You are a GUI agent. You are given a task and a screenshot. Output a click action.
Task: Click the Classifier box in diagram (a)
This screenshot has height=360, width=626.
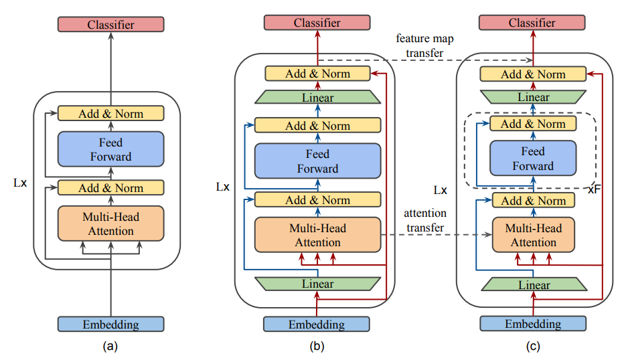click(x=110, y=25)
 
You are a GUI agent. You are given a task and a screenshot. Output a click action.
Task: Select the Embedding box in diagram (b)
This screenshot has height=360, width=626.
click(x=317, y=325)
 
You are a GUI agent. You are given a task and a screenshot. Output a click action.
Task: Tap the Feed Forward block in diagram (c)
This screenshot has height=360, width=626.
click(x=533, y=159)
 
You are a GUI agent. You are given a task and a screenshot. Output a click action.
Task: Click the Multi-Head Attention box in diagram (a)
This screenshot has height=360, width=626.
click(x=110, y=224)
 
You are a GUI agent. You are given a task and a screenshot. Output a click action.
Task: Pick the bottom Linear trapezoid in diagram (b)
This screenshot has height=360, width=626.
click(x=317, y=284)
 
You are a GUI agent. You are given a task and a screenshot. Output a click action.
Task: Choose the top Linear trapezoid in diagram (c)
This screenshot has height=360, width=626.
click(x=533, y=97)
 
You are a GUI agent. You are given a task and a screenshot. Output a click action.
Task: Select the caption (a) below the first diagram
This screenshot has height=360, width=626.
click(x=110, y=347)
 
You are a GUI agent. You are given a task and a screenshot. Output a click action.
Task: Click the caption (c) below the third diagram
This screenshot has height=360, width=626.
click(x=533, y=347)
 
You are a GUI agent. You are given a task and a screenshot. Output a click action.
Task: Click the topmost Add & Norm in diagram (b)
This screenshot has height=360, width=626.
click(x=317, y=74)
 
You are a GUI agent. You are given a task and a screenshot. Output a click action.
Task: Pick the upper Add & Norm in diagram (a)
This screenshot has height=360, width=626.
click(x=110, y=113)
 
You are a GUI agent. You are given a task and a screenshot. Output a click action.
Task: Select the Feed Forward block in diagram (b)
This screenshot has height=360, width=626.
click(x=317, y=162)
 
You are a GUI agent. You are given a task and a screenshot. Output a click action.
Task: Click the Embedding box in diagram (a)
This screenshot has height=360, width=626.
click(x=110, y=325)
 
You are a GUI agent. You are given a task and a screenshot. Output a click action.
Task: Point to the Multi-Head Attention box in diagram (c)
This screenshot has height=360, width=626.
click(x=533, y=235)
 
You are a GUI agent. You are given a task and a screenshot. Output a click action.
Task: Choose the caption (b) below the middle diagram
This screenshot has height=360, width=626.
click(x=317, y=347)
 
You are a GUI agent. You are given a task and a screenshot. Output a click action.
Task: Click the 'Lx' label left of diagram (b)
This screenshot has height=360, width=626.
click(x=222, y=186)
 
